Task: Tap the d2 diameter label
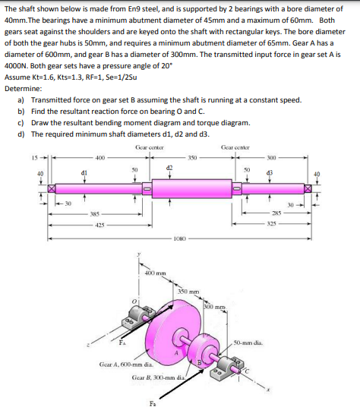pyautogui.click(x=170, y=164)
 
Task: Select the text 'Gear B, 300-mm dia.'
pyautogui.click(x=158, y=376)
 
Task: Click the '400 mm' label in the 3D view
pyautogui.click(x=158, y=273)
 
